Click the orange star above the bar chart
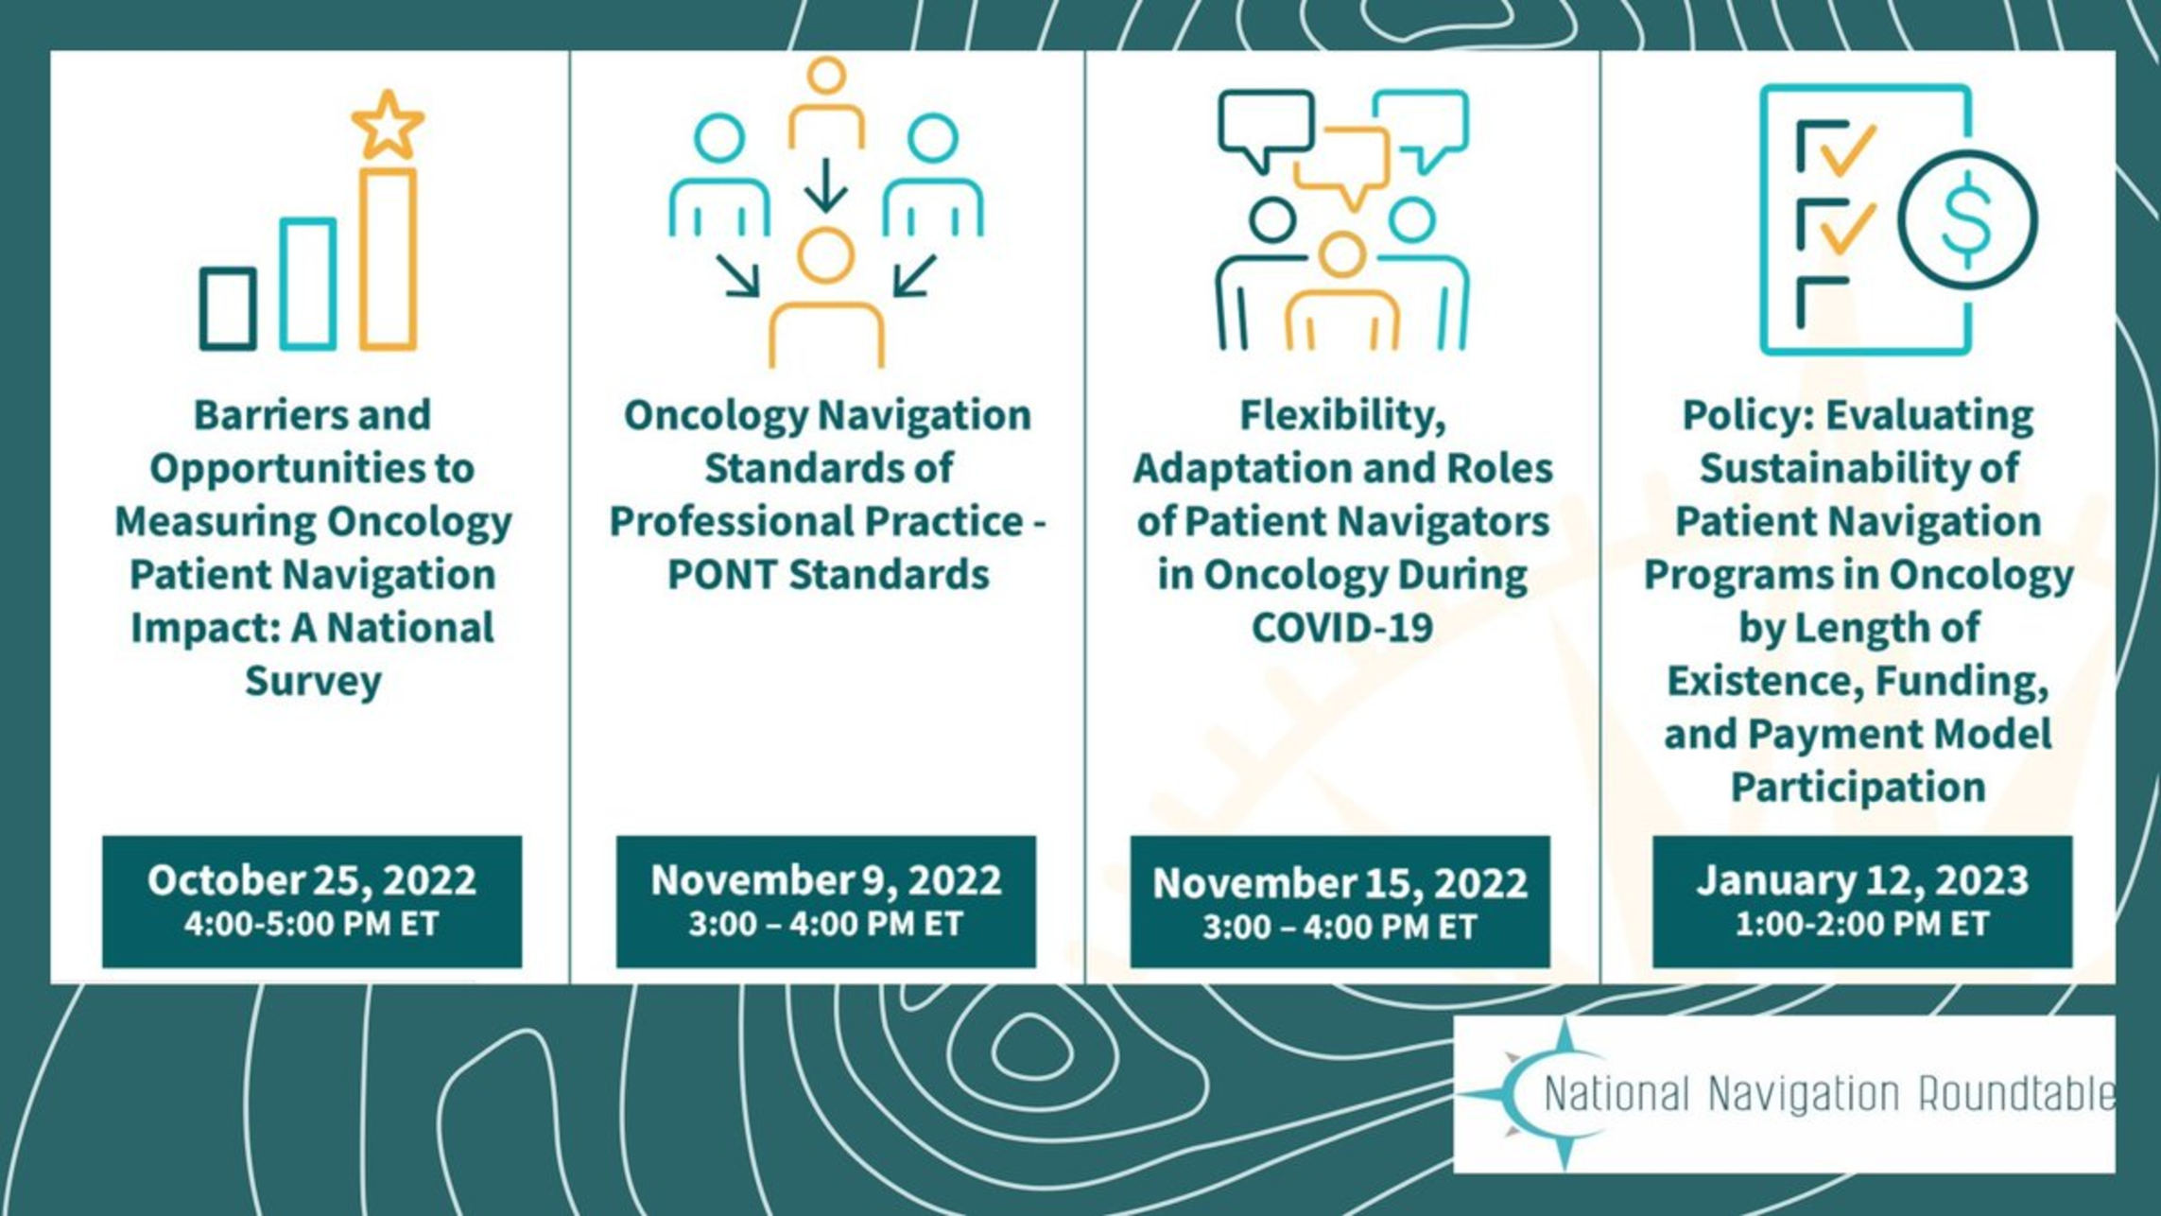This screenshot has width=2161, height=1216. pos(388,125)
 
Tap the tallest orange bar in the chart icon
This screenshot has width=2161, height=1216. pos(388,259)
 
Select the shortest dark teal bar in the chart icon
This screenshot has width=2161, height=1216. pos(228,309)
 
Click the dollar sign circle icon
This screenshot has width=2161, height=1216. pos(1967,219)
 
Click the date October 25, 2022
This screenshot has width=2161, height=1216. pos(312,880)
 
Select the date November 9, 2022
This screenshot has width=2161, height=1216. pos(826,880)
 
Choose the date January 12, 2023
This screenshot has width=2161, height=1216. pos(1862,880)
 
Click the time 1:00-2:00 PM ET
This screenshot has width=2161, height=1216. pos(1862,924)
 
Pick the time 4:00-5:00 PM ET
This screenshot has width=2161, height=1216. pos(312,924)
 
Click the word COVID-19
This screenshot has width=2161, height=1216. pos(1342,628)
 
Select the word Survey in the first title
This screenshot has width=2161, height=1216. pos(313,682)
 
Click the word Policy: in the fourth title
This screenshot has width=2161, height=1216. pos(1749,416)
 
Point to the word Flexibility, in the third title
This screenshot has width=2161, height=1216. pos(1342,416)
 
